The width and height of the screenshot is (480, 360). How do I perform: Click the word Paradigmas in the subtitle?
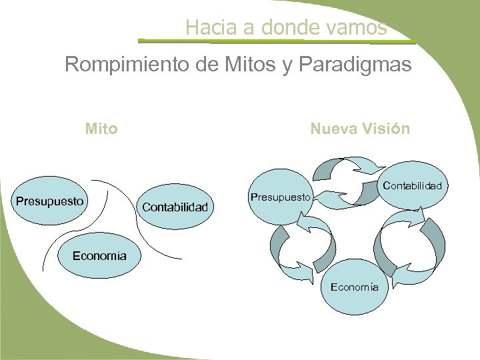(x=360, y=65)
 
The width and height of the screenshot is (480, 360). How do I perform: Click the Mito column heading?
(x=101, y=128)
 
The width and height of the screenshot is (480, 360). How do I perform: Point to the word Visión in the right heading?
(x=386, y=128)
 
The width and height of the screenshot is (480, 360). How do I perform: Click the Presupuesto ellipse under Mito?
(x=51, y=200)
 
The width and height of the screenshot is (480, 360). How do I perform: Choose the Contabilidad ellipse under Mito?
(x=176, y=206)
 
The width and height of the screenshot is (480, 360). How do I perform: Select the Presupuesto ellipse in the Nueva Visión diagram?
(x=281, y=197)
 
